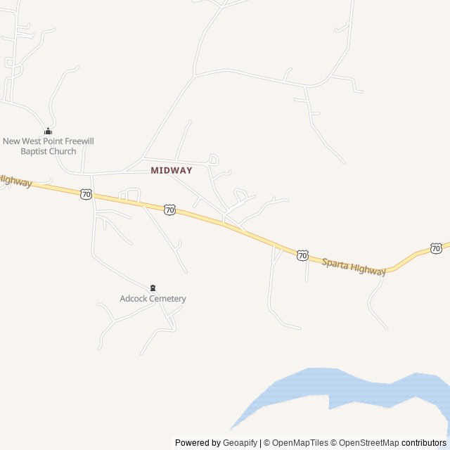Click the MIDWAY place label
[x=171, y=170]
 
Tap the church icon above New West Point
[x=48, y=131]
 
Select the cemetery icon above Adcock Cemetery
[x=153, y=288]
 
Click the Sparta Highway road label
[x=354, y=266]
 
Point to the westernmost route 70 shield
[x=86, y=193]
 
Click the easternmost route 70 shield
[x=436, y=248]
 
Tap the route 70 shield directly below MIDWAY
[x=169, y=210]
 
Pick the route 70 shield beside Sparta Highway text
[x=302, y=255]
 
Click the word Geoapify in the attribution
[x=240, y=443]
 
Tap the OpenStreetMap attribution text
[x=369, y=443]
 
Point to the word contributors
[x=424, y=443]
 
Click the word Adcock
[x=134, y=299]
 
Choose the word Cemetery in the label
[x=168, y=299]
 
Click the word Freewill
[x=76, y=141]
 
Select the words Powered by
[x=198, y=443]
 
